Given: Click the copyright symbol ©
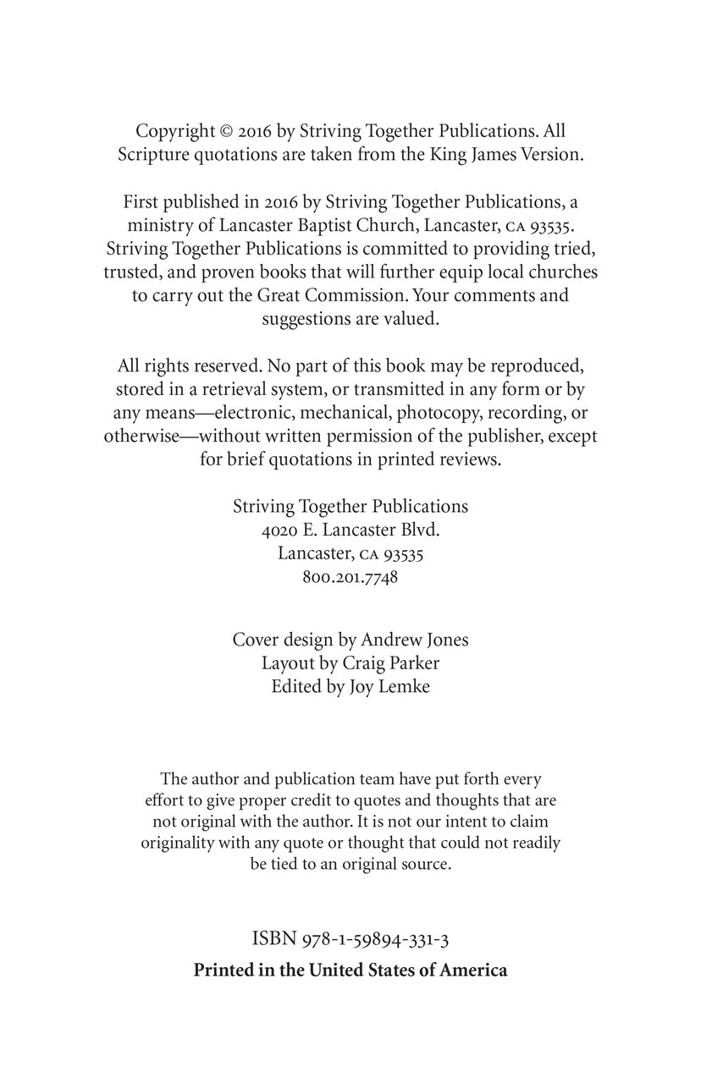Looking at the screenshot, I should tap(226, 131).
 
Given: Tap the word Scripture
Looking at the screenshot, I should tap(153, 155).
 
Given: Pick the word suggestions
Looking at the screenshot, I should tap(305, 320).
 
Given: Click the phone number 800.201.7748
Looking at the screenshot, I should tap(350, 577).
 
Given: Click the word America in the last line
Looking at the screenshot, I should tap(473, 970).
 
